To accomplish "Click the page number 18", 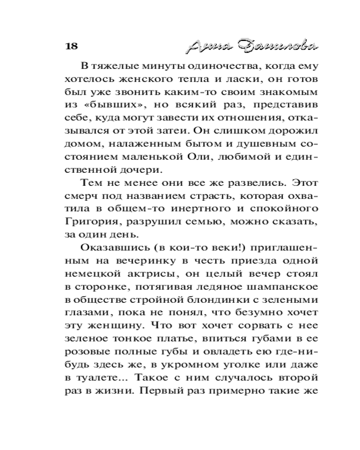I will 72,46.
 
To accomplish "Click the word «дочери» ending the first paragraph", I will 139,171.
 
